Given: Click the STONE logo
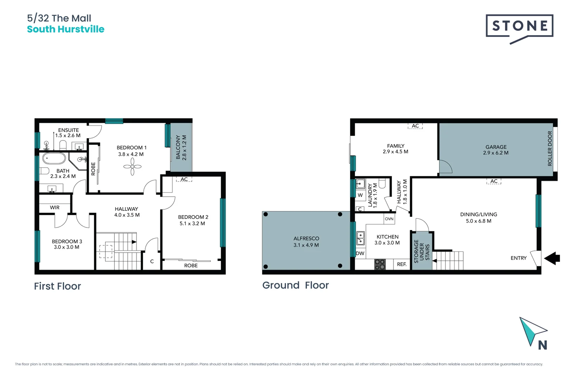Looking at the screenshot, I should click(519, 26).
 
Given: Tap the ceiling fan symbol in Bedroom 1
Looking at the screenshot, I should click(132, 167).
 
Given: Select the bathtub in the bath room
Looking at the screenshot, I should click(54, 158).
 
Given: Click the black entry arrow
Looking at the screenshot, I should click(552, 258).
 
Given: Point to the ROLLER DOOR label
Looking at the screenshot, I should click(549, 148).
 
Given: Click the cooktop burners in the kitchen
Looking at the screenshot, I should click(380, 264).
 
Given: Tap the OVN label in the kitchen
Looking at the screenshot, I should click(389, 219).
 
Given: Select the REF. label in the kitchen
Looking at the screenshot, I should click(402, 264).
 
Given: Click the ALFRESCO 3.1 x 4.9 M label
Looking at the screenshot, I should click(306, 242).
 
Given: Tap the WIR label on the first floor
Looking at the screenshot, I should click(55, 207).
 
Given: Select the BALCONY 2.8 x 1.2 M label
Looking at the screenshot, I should click(181, 147).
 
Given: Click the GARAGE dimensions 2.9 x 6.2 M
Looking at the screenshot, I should click(496, 153).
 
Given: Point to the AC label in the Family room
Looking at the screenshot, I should click(415, 126).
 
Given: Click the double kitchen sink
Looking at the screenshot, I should click(360, 238).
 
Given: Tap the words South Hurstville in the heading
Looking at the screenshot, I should click(66, 29).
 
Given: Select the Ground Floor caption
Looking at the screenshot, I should click(296, 285).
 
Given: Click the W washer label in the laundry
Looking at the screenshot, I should click(360, 195).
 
